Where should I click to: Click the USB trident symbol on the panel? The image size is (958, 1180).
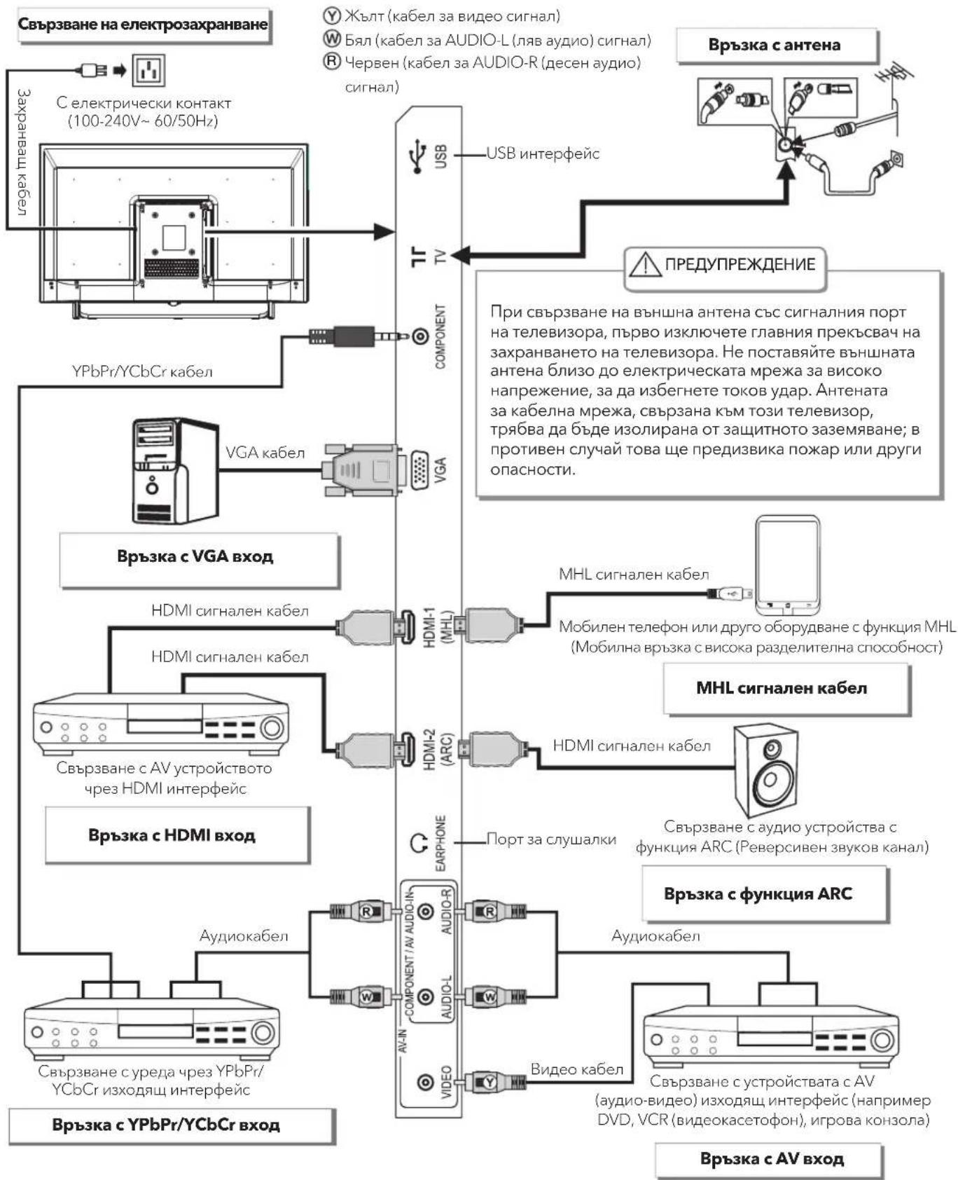pyautogui.click(x=418, y=156)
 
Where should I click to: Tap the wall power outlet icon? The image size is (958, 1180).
pyautogui.click(x=148, y=69)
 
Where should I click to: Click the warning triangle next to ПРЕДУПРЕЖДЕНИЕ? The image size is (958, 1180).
pyautogui.click(x=644, y=264)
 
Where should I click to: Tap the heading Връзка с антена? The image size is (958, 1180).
pyautogui.click(x=774, y=45)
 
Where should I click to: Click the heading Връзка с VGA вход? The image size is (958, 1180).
pyautogui.click(x=195, y=556)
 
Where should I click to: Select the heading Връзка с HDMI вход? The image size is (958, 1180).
pyautogui.click(x=172, y=835)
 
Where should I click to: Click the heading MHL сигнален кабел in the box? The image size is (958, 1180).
pyautogui.click(x=782, y=688)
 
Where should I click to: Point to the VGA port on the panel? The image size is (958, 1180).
pyautogui.click(x=419, y=470)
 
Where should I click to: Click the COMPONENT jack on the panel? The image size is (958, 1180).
pyautogui.click(x=420, y=337)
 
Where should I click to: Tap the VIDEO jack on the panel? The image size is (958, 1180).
pyautogui.click(x=425, y=1083)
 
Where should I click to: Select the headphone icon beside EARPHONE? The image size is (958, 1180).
pyautogui.click(x=419, y=843)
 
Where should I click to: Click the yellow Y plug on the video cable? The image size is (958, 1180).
pyautogui.click(x=489, y=1083)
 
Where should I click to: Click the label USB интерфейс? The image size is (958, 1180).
pyautogui.click(x=543, y=153)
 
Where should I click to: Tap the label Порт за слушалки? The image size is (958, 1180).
pyautogui.click(x=551, y=839)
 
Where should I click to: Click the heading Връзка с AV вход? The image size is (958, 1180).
pyautogui.click(x=772, y=1159)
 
